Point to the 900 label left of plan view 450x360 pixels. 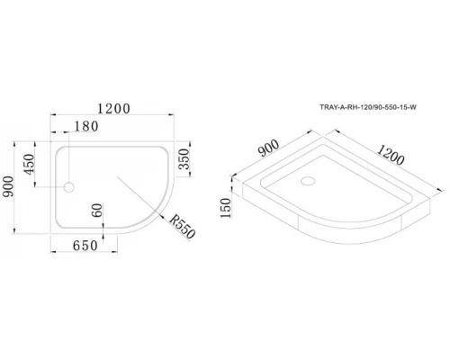point(11,188)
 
